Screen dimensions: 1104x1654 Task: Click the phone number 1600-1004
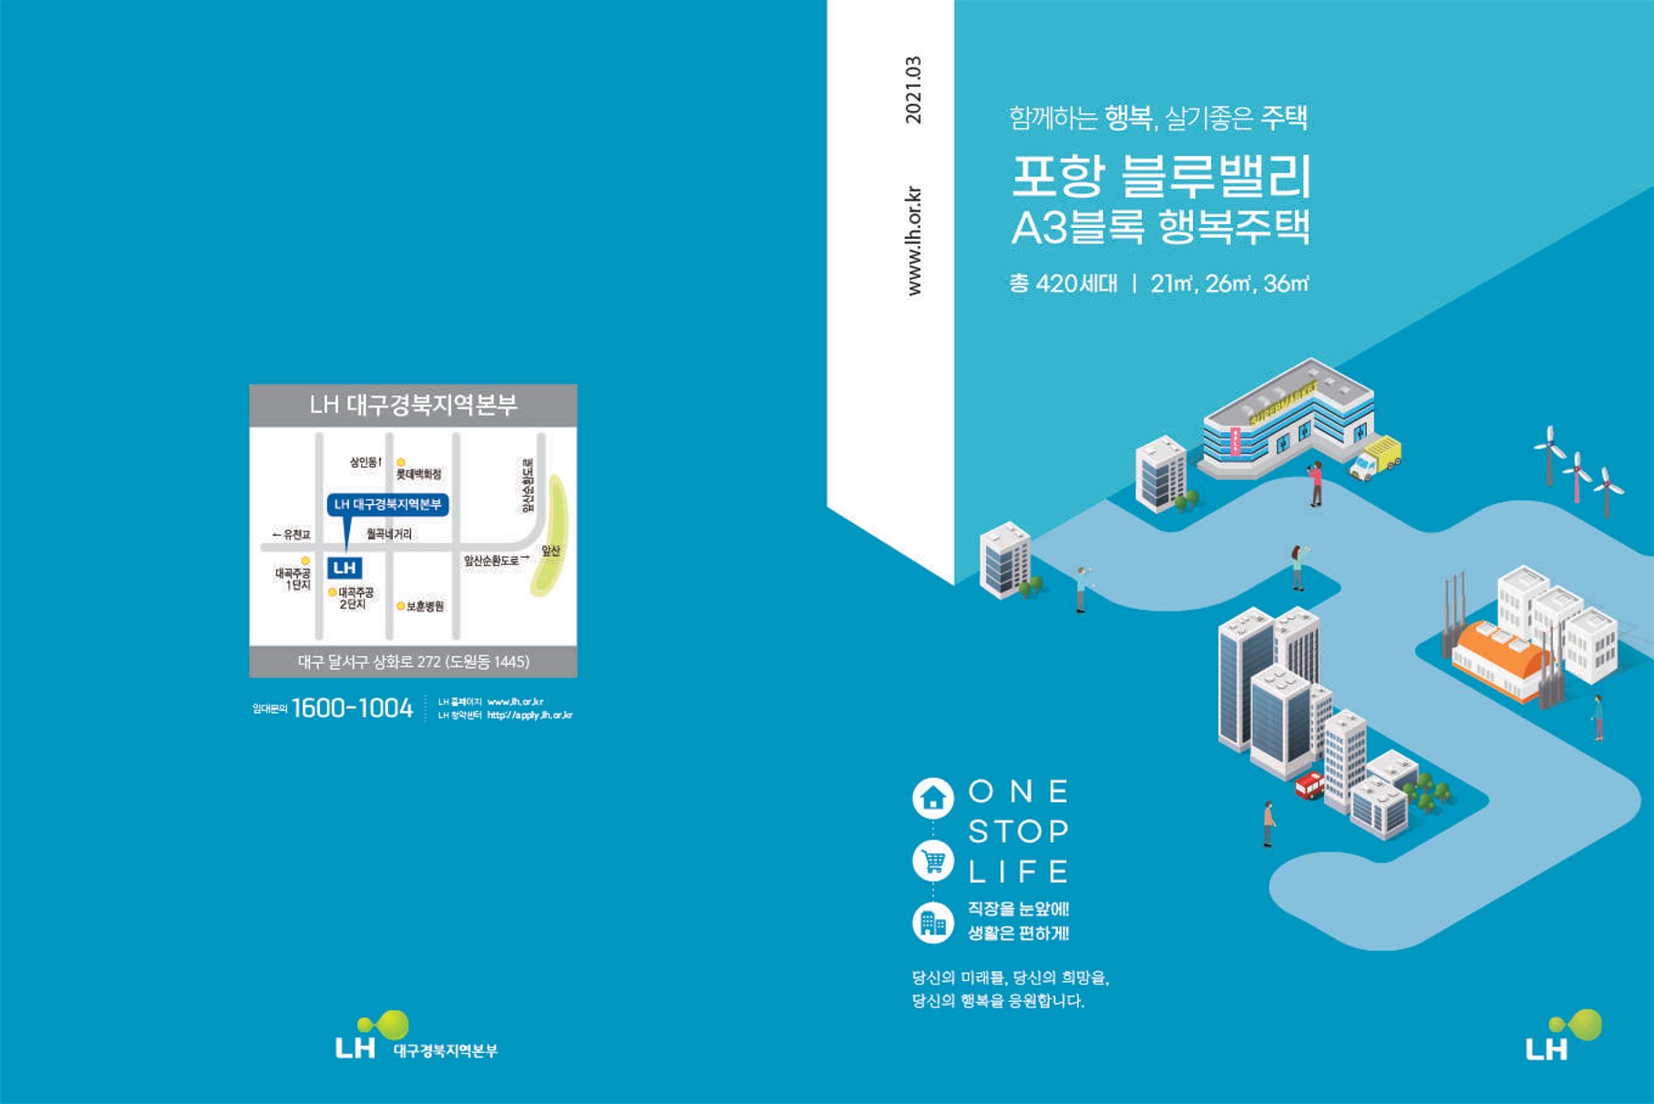click(x=352, y=708)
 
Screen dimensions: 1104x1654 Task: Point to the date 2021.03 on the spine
click(x=913, y=89)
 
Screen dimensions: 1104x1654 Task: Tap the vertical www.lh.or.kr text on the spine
click(x=913, y=241)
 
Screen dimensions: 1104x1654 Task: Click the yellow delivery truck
click(x=1376, y=457)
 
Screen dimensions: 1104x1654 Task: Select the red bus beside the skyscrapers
click(x=1310, y=785)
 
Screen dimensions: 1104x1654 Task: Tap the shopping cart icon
click(x=933, y=861)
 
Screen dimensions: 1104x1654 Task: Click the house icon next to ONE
click(x=933, y=799)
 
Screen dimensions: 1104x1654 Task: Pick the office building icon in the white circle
click(x=933, y=923)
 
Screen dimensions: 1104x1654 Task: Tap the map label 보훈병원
click(x=425, y=606)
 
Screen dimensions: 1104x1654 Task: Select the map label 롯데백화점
click(x=418, y=474)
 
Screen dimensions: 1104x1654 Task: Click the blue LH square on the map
click(x=344, y=568)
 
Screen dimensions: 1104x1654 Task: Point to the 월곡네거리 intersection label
click(x=389, y=533)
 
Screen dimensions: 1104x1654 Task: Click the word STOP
click(x=1018, y=831)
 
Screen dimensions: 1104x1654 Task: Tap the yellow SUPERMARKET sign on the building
click(x=1283, y=404)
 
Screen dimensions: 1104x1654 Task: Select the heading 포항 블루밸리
click(x=1161, y=176)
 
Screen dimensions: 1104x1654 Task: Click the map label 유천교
click(x=293, y=534)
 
